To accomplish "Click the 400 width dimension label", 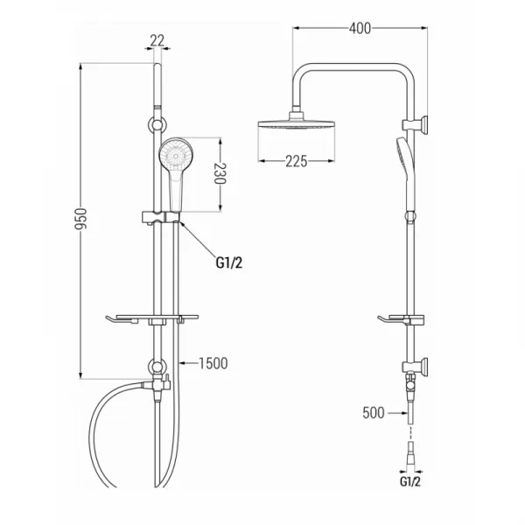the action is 360,29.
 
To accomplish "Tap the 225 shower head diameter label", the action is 297,161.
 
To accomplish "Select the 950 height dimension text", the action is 80,220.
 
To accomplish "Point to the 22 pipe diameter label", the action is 157,41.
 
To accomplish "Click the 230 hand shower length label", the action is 220,173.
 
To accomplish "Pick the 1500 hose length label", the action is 213,363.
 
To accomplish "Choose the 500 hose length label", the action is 374,413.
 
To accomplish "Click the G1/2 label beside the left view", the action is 229,262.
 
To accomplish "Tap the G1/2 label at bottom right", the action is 409,482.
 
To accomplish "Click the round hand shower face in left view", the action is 176,156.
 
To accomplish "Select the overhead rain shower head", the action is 297,122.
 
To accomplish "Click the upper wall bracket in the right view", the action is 415,124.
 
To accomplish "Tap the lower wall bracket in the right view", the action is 415,366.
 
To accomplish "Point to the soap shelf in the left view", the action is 152,319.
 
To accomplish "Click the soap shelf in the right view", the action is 401,319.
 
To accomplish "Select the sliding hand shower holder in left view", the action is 161,217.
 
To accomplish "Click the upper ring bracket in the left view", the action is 157,125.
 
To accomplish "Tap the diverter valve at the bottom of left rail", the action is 157,383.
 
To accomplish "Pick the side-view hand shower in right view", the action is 407,174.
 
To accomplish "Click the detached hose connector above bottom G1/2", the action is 410,452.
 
